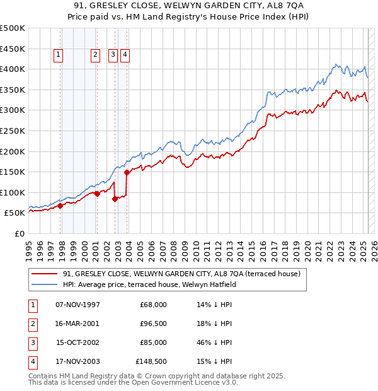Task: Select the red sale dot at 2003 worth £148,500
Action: (x=127, y=172)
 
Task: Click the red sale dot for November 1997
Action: (x=60, y=205)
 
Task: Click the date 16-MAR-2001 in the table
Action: (x=77, y=323)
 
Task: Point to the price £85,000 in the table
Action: (x=151, y=342)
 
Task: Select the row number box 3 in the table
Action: (x=32, y=342)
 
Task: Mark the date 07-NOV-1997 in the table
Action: (x=77, y=304)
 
